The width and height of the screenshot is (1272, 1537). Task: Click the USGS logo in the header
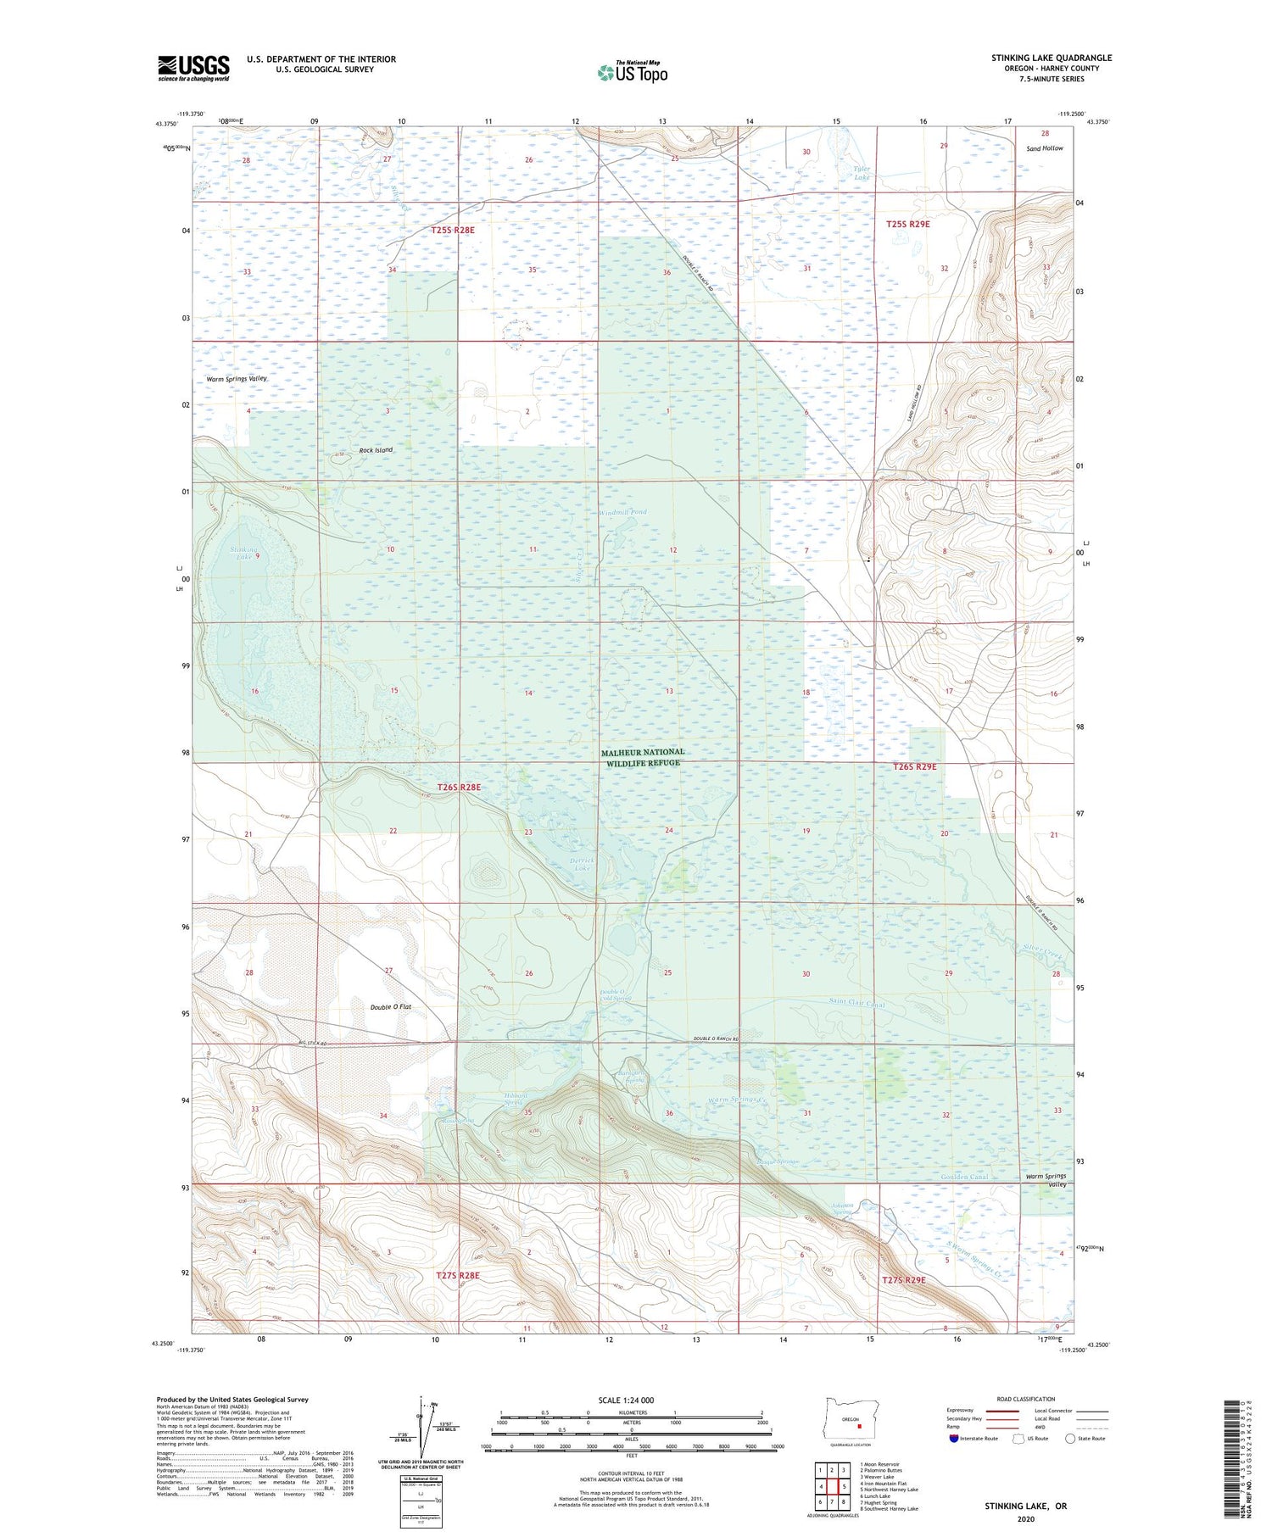(x=193, y=68)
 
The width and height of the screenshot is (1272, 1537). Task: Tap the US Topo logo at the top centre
(x=632, y=73)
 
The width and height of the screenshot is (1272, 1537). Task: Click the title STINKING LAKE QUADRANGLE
(x=1052, y=58)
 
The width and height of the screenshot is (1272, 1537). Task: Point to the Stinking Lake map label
(x=244, y=554)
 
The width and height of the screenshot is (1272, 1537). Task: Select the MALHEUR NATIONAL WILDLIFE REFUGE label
(x=642, y=757)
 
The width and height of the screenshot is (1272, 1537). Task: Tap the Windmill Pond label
(x=623, y=513)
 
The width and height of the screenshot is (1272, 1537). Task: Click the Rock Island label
(x=376, y=450)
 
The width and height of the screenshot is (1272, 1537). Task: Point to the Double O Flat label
(x=390, y=1007)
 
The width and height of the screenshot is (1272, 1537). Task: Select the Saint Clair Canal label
(x=856, y=1004)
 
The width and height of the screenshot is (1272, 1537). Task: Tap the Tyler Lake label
(x=862, y=173)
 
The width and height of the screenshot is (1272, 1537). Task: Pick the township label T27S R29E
(x=903, y=1280)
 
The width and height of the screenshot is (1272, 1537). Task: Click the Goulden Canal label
(x=964, y=1177)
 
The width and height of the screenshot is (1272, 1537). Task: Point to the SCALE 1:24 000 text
(x=626, y=1400)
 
